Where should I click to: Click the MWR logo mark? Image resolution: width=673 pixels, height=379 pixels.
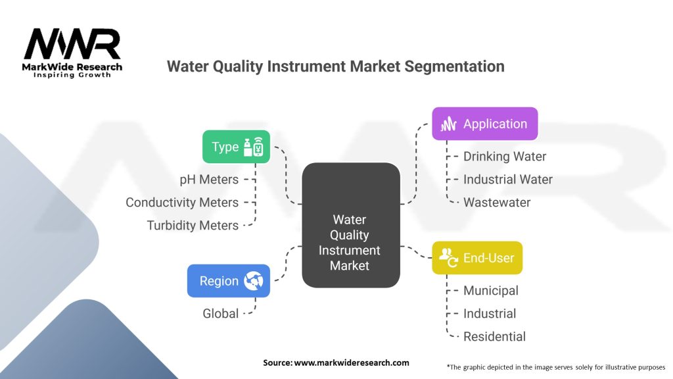(72, 44)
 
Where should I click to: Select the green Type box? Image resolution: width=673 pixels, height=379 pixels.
(236, 147)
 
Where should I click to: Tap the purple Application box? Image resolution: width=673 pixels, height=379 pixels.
(484, 124)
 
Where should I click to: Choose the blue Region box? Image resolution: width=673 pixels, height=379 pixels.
(228, 281)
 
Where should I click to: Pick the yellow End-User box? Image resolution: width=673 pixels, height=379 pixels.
(477, 258)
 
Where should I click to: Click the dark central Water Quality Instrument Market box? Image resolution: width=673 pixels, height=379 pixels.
(351, 225)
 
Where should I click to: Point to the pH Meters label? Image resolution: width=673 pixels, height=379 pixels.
(209, 180)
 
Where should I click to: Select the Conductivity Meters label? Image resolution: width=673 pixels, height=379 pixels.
(182, 203)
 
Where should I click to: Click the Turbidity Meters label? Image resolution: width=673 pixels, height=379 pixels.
(193, 226)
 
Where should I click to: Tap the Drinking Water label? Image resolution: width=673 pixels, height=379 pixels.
(505, 157)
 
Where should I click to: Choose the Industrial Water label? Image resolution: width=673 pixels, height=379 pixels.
(508, 180)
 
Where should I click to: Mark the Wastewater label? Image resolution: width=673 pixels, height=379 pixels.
(497, 203)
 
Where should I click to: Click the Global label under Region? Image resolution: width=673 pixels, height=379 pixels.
(221, 314)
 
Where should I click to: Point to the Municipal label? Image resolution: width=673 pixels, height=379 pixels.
(491, 291)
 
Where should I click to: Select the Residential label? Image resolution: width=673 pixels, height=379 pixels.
(494, 336)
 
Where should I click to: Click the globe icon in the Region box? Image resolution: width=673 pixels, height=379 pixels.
(254, 281)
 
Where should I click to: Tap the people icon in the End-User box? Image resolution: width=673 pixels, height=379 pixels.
(448, 257)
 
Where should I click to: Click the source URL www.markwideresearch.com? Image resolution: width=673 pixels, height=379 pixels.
(352, 363)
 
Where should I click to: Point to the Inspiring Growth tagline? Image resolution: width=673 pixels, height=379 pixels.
(72, 75)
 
